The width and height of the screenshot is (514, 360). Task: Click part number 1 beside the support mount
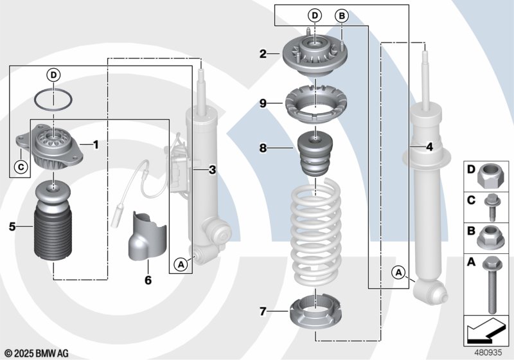[x=96, y=145]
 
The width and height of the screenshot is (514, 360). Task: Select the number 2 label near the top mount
[x=263, y=54]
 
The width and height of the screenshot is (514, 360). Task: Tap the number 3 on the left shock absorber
[x=213, y=170]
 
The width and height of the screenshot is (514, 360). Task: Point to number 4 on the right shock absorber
[x=429, y=147]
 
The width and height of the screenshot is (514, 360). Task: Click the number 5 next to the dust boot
[x=12, y=226]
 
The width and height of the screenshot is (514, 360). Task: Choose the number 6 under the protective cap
[x=148, y=280]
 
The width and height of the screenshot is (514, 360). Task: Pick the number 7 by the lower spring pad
[x=263, y=311]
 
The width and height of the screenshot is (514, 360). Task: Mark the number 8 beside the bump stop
[x=263, y=148]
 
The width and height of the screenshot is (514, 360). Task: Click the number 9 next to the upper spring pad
[x=263, y=104]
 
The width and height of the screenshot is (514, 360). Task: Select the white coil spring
[x=316, y=233]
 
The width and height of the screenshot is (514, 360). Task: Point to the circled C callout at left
[x=21, y=167]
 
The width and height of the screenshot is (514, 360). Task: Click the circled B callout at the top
[x=342, y=15]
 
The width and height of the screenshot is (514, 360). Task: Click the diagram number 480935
[x=488, y=352]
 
